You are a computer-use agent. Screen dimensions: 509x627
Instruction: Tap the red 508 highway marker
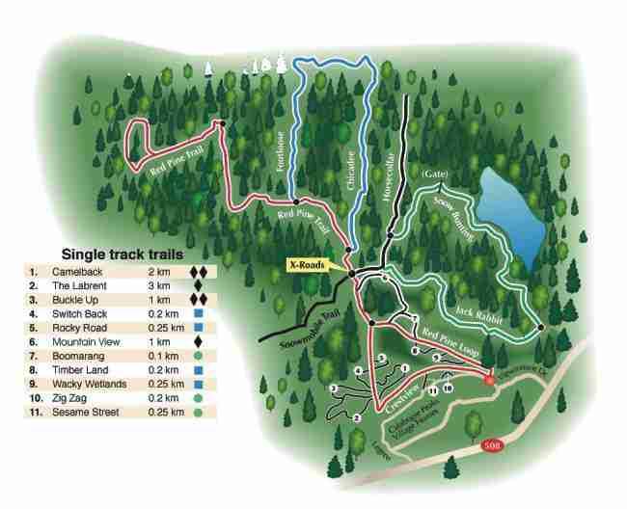point(492,446)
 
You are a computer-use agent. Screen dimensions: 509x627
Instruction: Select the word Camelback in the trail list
point(75,272)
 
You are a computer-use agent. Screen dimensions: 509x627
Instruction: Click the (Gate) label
point(438,174)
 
